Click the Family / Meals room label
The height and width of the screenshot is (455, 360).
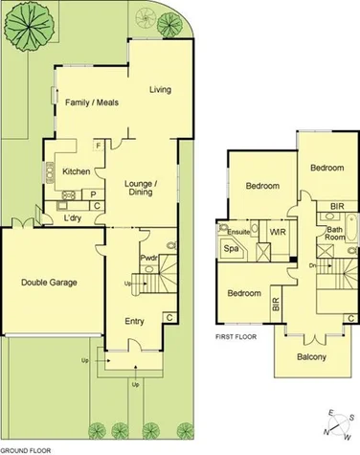pos(91,102)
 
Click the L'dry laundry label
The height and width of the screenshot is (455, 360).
pos(73,219)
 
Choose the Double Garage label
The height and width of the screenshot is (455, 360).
pos(49,283)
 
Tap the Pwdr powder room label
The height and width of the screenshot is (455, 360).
pos(148,259)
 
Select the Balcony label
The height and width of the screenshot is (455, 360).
pos(310,357)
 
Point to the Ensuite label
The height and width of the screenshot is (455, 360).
pos(237,231)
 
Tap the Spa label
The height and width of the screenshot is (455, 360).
pos(231,249)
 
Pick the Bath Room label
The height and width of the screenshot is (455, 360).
pos(334,235)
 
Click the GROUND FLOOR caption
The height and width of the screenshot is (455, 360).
pos(25,448)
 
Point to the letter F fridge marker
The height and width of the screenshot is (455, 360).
pos(99,146)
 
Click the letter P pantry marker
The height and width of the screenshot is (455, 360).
pos(94,193)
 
